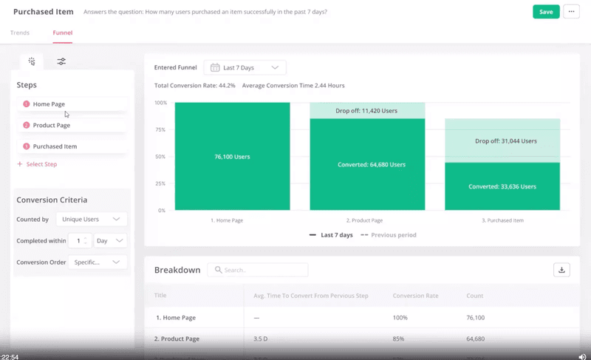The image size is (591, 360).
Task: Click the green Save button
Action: (546, 12)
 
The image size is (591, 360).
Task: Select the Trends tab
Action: (20, 33)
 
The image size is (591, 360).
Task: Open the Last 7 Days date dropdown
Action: (245, 67)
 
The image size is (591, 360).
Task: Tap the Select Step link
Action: (41, 164)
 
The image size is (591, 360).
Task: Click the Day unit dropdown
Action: (110, 241)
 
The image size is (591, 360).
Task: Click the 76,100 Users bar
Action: (232, 157)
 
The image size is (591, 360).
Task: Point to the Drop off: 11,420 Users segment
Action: (367, 111)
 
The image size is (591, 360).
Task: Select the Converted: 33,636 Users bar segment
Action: (502, 186)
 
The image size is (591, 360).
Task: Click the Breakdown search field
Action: (258, 270)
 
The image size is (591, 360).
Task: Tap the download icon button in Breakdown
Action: (561, 270)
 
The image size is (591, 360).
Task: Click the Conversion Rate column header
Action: (415, 296)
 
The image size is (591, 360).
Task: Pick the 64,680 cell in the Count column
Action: (476, 339)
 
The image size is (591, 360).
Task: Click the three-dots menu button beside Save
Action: (571, 12)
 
